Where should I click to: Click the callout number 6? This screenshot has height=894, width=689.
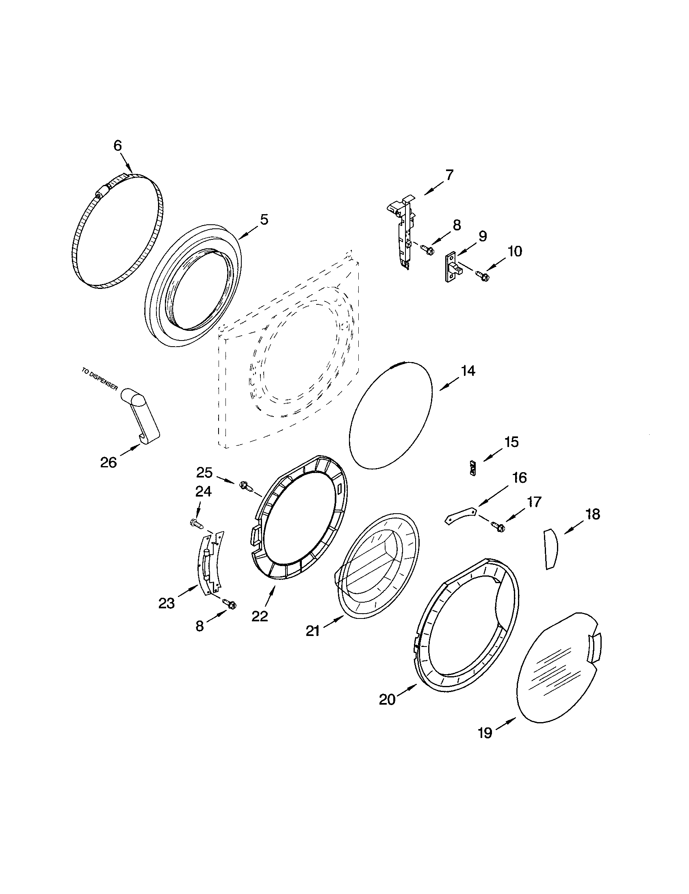pyautogui.click(x=117, y=145)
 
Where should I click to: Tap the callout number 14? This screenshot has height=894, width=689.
pyautogui.click(x=468, y=371)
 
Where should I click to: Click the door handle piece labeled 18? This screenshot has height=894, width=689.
pyautogui.click(x=551, y=549)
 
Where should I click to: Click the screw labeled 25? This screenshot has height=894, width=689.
pyautogui.click(x=245, y=486)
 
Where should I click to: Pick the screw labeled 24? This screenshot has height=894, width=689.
pyautogui.click(x=196, y=523)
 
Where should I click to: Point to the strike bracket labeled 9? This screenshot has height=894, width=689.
pyautogui.click(x=453, y=267)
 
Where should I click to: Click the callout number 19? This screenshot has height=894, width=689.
pyautogui.click(x=485, y=733)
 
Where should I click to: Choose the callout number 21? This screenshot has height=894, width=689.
pyautogui.click(x=312, y=631)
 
